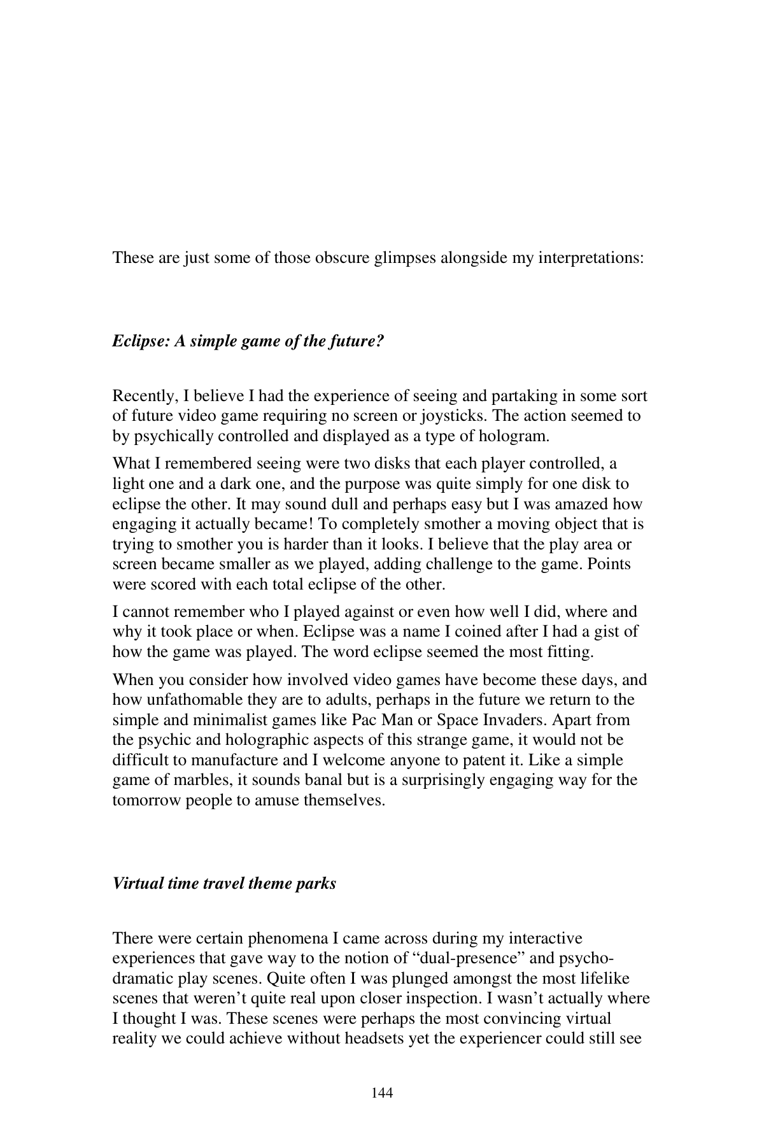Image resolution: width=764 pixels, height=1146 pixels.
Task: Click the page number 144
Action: pos(382,1094)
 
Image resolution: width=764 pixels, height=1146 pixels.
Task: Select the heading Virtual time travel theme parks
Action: pos(224,884)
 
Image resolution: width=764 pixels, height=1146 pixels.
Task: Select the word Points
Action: pos(609,564)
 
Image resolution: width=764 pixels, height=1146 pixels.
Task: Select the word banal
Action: pos(323,780)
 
